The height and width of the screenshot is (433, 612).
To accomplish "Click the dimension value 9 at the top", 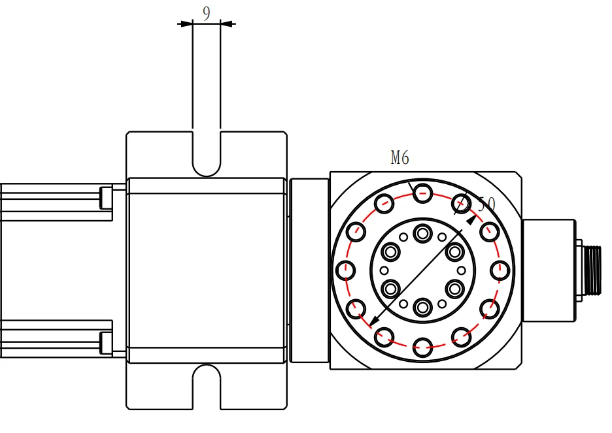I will (x=207, y=13).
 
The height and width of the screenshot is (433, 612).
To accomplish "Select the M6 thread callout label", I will (x=399, y=157).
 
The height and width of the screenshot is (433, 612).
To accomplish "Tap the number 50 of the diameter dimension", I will (x=486, y=204).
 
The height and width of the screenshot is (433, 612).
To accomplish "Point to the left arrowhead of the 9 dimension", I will (x=186, y=24).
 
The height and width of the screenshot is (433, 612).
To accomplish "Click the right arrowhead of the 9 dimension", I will (x=228, y=24).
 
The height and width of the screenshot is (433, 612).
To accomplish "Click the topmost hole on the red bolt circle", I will (x=423, y=192).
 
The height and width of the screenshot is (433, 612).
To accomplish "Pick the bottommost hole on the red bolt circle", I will (x=423, y=347).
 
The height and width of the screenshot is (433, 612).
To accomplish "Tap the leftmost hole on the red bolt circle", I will (x=345, y=270).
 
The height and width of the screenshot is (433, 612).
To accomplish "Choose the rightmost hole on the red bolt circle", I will (x=500, y=270).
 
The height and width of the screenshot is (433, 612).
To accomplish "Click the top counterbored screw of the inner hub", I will (x=423, y=233).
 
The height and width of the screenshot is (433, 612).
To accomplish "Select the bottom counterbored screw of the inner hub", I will (x=423, y=306).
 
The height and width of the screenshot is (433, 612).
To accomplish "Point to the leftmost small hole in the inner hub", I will (x=384, y=270).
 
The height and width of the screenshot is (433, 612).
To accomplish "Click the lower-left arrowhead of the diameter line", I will (x=373, y=321).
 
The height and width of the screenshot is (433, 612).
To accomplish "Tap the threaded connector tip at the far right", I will (x=593, y=270).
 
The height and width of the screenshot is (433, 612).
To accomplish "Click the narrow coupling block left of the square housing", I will (x=309, y=270).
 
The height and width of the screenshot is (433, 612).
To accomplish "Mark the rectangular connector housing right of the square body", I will (x=548, y=270).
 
